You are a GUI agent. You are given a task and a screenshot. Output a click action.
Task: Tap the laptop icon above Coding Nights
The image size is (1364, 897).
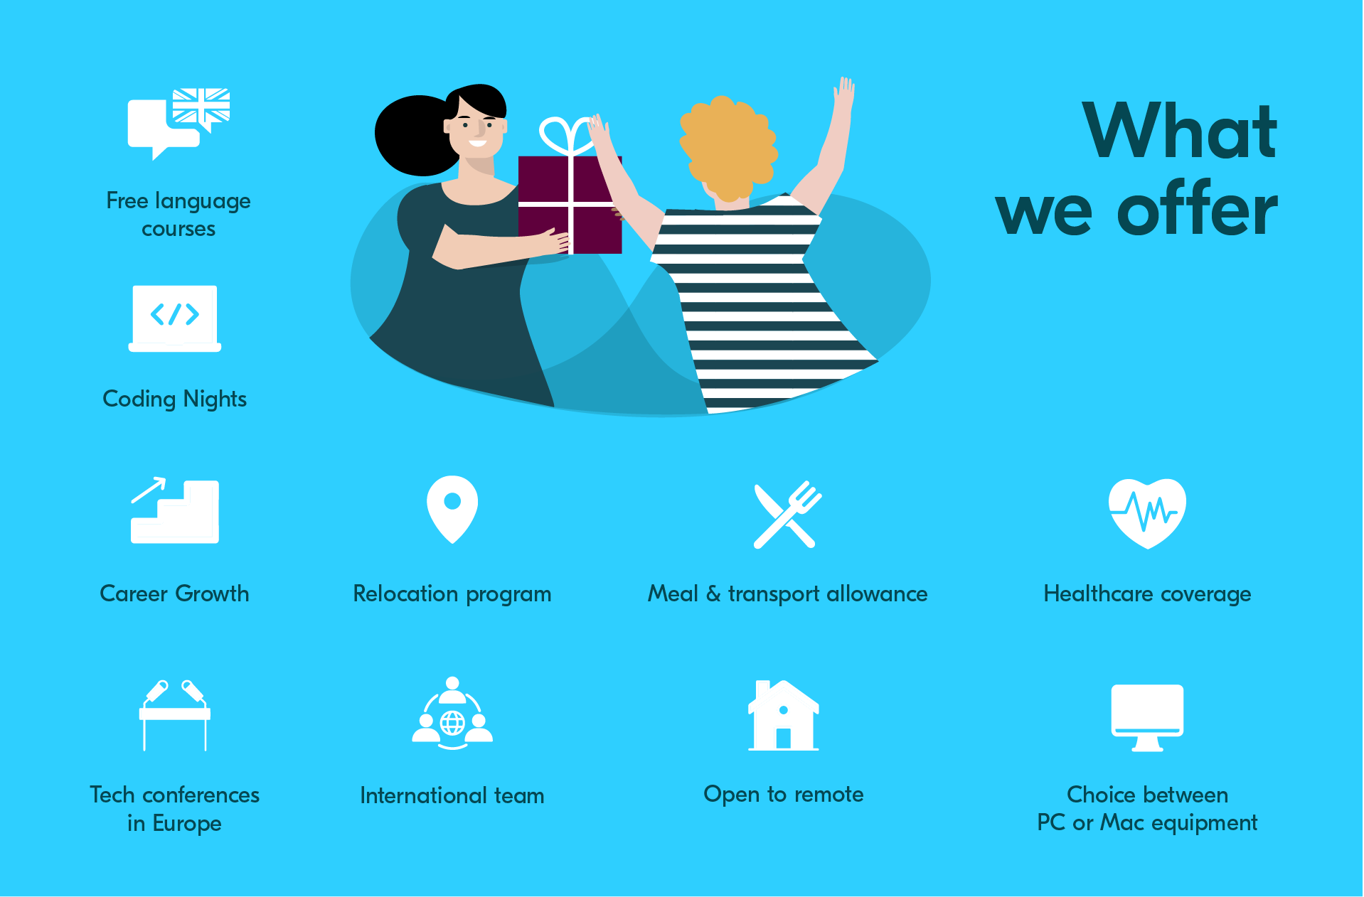point(175,318)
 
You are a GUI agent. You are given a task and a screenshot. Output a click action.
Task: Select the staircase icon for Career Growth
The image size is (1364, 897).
point(175,511)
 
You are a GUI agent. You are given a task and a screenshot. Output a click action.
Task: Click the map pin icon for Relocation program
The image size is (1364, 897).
point(452,509)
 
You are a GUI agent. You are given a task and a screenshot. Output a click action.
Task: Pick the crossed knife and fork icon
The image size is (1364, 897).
point(787,515)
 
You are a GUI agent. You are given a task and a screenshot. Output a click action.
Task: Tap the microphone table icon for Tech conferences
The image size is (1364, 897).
point(175,715)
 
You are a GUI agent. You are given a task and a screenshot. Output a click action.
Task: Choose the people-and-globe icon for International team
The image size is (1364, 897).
point(452,714)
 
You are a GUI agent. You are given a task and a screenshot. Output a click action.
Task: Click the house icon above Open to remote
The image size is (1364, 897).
point(784,715)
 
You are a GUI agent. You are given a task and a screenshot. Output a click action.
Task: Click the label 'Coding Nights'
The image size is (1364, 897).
point(175,399)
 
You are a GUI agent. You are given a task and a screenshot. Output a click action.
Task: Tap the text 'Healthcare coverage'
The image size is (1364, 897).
point(1147,594)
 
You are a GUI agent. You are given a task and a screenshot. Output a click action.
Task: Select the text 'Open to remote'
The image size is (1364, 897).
point(784,795)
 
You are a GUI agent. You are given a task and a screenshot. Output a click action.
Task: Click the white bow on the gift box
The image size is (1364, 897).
point(567,136)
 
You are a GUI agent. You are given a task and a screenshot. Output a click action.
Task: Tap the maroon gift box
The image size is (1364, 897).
point(570,205)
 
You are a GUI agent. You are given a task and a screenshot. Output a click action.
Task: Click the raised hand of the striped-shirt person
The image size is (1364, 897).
point(843,95)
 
